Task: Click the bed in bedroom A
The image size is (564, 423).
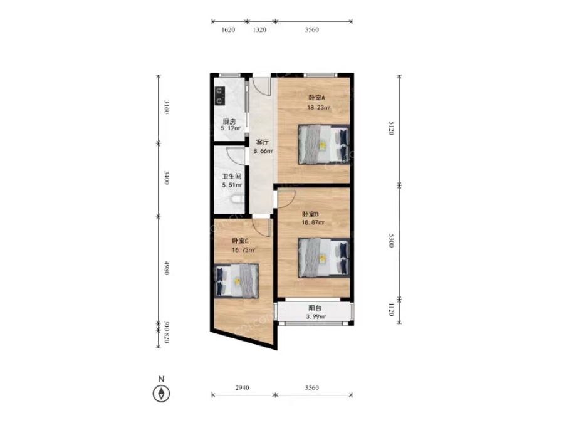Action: coord(324,145)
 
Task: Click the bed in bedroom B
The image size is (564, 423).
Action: coord(324,258)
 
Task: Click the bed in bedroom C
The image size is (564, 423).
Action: coord(236,281)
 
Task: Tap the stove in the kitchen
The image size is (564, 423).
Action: coord(220,96)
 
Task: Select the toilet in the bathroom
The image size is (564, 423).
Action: coord(237,199)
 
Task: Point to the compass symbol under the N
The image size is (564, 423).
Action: coord(162,393)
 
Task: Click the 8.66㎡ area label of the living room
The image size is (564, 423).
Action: coord(263,151)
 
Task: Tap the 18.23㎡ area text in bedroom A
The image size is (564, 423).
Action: coord(318,107)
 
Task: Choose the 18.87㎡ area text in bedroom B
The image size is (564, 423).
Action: coord(313,222)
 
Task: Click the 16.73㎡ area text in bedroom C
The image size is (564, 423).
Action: coord(244,249)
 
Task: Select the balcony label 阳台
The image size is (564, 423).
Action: coord(315,308)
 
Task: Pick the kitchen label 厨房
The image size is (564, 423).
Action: coord(229,122)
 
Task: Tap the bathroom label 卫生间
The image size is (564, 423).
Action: coord(232,177)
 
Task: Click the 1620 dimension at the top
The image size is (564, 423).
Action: coord(228,29)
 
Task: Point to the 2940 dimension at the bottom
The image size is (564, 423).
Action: coord(242,387)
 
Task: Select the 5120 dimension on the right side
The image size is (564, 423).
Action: coord(391,128)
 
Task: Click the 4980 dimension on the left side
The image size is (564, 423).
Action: coord(167,268)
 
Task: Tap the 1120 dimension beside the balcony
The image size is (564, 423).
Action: coord(391,309)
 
